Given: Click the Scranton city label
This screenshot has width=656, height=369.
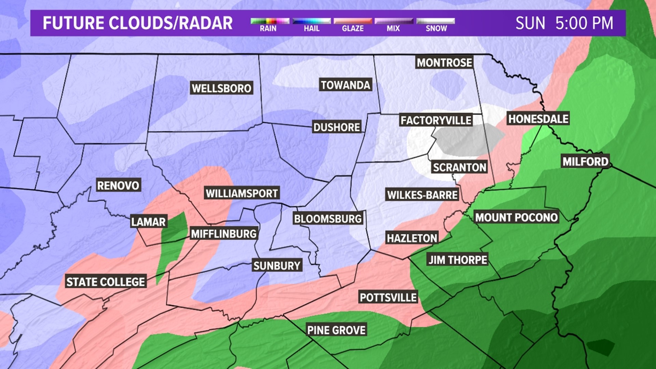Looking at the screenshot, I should click(x=459, y=167).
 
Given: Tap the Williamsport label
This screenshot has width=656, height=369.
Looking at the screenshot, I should click(x=242, y=193).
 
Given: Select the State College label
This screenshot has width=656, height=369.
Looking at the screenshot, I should click(x=106, y=282).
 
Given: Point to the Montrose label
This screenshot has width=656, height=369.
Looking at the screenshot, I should click(x=444, y=63).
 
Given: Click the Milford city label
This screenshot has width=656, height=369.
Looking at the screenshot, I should click(x=585, y=162).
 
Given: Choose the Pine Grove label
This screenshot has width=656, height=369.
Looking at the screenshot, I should click(x=336, y=330).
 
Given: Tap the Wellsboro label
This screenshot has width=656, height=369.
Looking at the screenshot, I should click(x=221, y=88).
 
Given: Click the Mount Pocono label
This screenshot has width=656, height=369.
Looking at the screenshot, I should click(x=516, y=217).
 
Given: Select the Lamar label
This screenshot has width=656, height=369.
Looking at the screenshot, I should click(x=148, y=222).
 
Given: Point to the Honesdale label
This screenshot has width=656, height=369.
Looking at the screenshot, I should click(x=538, y=119).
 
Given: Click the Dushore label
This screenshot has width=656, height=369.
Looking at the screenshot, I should click(x=337, y=127).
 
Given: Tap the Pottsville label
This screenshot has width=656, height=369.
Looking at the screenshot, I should click(x=388, y=297).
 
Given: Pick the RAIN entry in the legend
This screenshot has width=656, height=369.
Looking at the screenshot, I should click(x=268, y=28).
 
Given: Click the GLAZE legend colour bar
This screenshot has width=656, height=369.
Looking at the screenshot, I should click(x=353, y=21).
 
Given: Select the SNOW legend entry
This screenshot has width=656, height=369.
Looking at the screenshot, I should click(x=436, y=28).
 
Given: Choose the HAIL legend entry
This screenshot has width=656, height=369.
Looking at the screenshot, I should click(x=312, y=28).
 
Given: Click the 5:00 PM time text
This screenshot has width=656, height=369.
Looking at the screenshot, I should click(x=584, y=23).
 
